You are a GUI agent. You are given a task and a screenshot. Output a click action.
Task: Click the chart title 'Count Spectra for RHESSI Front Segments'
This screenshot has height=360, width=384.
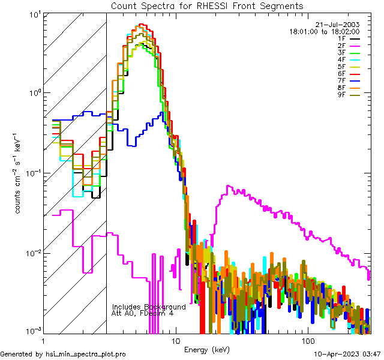[x=207, y=5]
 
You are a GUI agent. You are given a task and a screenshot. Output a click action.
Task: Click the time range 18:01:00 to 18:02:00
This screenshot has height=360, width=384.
[x=325, y=31]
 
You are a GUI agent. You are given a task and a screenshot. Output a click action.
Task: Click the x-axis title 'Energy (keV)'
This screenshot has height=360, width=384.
[x=206, y=349]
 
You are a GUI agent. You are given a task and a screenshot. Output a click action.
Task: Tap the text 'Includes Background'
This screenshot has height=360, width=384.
[x=149, y=307]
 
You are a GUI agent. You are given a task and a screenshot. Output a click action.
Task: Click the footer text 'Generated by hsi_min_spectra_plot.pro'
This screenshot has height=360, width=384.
[x=63, y=354]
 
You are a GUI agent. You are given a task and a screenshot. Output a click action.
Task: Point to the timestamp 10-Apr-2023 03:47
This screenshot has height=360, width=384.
[x=346, y=354]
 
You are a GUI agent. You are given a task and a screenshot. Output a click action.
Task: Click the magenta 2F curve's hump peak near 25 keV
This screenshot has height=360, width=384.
[x=227, y=187]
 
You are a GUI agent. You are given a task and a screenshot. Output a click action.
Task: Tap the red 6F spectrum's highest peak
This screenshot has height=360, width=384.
[x=142, y=25]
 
